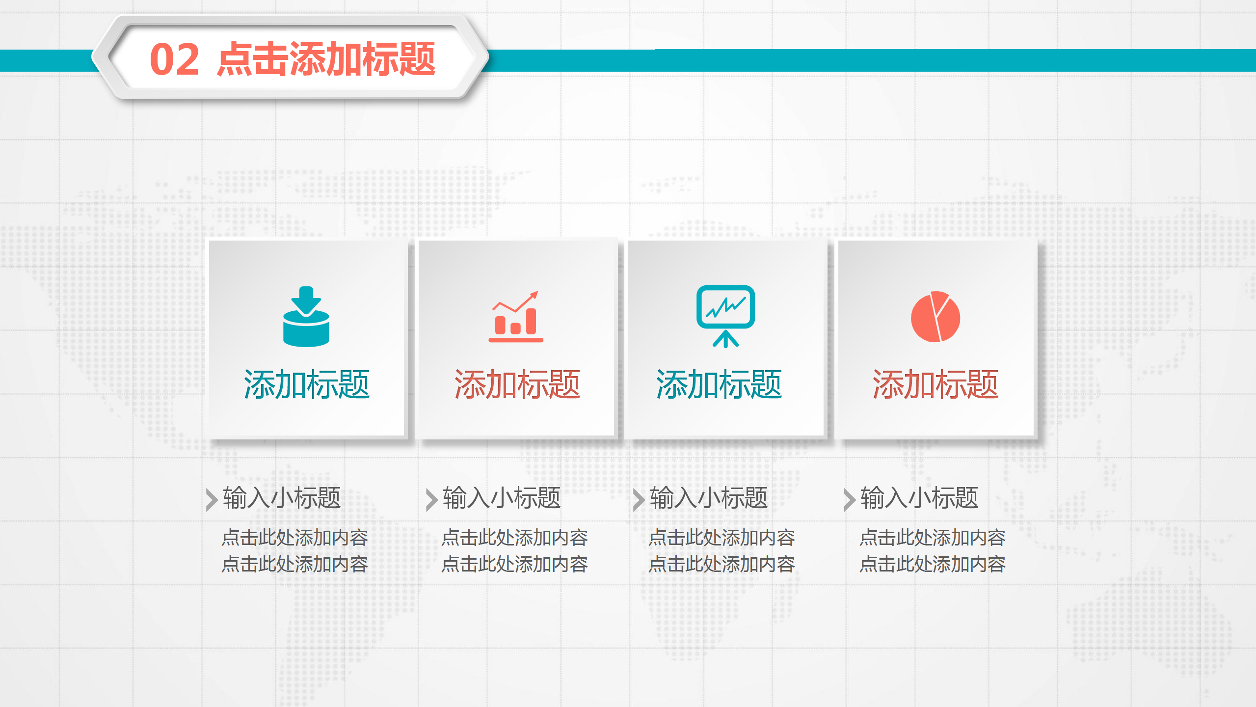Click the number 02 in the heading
(174, 59)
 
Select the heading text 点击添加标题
(326, 59)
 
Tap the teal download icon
(306, 317)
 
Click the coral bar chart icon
(516, 317)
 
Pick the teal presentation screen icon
(725, 316)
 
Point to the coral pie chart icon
(935, 317)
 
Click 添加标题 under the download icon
(306, 384)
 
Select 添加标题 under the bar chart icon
(517, 384)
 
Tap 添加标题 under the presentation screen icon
(719, 384)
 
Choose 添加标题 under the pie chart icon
(935, 384)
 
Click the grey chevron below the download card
(212, 500)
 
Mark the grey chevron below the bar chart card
(431, 500)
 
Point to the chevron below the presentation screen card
(639, 500)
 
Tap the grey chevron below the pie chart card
(849, 500)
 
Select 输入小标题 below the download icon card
(282, 498)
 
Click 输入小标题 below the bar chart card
(501, 498)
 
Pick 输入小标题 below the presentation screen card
(708, 498)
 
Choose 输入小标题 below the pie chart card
(919, 498)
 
